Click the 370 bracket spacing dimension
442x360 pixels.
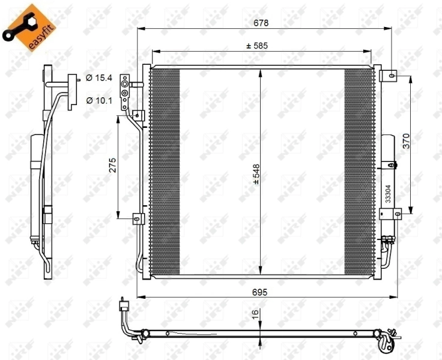click(x=405, y=142)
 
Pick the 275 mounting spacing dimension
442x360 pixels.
click(x=112, y=166)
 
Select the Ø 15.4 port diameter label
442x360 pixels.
click(x=99, y=78)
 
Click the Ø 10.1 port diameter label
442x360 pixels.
click(x=99, y=100)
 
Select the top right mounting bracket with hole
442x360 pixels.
click(x=390, y=76)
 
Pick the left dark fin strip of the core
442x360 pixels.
click(x=165, y=171)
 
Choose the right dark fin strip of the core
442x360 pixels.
click(x=359, y=171)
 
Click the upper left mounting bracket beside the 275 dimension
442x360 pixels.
click(x=139, y=115)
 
